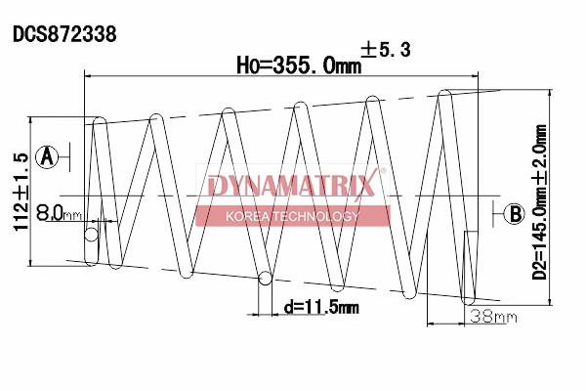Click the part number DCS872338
pyautogui.click(x=64, y=34)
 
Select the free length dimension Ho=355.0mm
pyautogui.click(x=293, y=65)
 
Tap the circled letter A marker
pyautogui.click(x=47, y=154)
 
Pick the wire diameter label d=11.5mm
pyautogui.click(x=321, y=307)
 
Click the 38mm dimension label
pyautogui.click(x=492, y=316)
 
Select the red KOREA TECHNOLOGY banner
pyautogui.click(x=292, y=216)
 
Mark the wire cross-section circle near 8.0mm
pyautogui.click(x=92, y=235)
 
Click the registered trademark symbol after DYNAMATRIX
pyautogui.click(x=382, y=173)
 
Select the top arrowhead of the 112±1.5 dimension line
pyautogui.click(x=37, y=123)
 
